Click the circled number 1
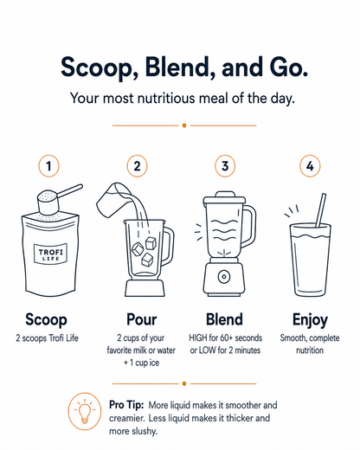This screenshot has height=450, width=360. coord(48,166)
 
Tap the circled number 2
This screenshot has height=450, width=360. coord(137,166)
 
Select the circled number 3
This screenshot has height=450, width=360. coord(225,166)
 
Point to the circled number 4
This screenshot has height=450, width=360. coord(310,166)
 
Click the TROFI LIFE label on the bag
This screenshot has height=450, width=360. coord(50,254)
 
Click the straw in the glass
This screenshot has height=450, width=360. coord(320,210)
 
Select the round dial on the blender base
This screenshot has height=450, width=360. coord(223,277)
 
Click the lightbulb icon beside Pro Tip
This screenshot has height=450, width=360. coord(85,411)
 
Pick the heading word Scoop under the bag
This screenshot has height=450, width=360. coord(46,319)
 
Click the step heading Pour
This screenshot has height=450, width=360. coord(141,319)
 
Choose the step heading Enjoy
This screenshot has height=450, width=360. coord(310,320)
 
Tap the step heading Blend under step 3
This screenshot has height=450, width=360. coord(224,319)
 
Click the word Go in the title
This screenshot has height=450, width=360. coord(289,67)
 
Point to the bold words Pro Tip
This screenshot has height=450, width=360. coord(126,405)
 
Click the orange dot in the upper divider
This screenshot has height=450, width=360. coord(184,125)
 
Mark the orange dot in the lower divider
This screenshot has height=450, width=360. coord(184,383)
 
